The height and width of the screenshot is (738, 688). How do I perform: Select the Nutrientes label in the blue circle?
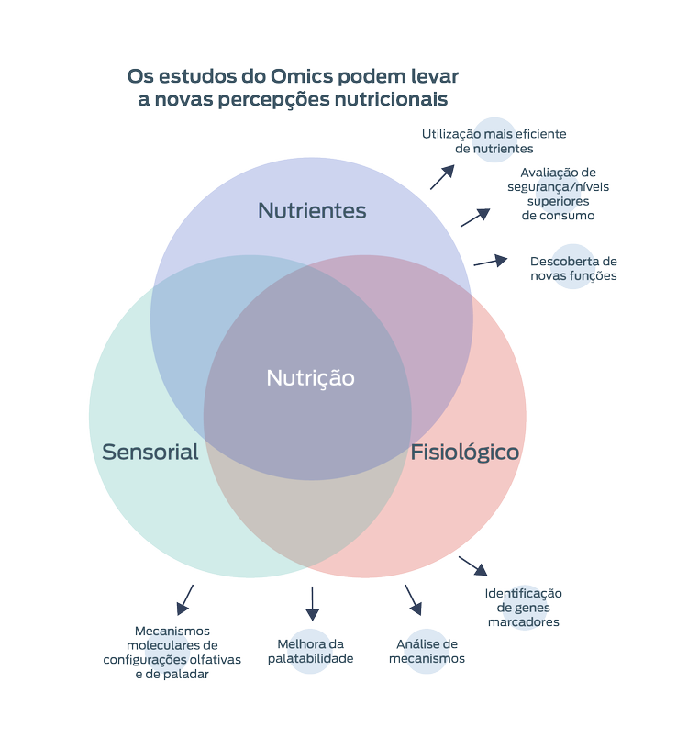[312, 211]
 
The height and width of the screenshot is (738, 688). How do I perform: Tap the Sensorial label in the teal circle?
[150, 452]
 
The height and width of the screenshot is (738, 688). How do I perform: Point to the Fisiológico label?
[465, 452]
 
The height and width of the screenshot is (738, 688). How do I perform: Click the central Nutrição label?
[310, 377]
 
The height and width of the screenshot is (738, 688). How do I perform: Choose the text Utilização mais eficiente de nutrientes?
[494, 140]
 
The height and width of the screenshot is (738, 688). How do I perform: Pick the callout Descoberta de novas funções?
[573, 268]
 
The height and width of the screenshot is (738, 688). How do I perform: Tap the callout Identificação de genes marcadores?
[523, 608]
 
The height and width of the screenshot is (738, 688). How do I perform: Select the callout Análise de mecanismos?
[427, 651]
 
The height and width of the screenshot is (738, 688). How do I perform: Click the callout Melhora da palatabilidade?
[310, 651]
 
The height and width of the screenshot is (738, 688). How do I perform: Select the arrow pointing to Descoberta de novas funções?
[491, 262]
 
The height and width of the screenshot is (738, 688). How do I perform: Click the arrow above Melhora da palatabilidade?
[311, 602]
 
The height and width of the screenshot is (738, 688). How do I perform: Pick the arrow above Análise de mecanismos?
[414, 600]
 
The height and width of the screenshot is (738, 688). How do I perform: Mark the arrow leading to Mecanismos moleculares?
[184, 598]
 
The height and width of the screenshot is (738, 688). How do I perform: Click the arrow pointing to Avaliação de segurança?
[474, 217]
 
